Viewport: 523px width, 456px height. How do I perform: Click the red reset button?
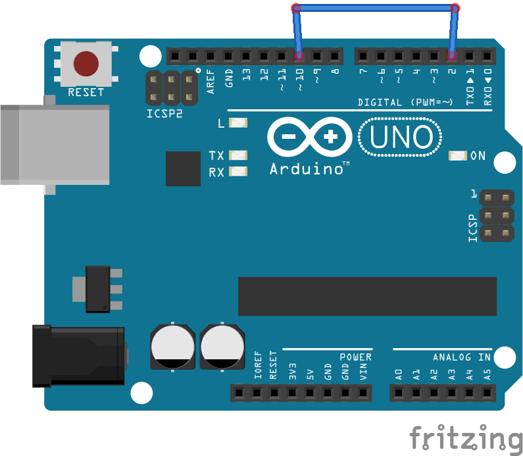click(x=86, y=63)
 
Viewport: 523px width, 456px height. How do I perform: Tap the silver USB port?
click(x=55, y=145)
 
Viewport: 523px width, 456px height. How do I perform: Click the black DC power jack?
click(x=79, y=356)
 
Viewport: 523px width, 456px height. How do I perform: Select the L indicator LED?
click(x=238, y=123)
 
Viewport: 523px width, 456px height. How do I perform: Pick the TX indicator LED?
click(x=238, y=155)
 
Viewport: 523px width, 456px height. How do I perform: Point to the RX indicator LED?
click(x=238, y=171)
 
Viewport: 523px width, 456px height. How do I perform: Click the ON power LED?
click(x=458, y=155)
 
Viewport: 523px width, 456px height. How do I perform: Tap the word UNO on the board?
click(x=401, y=137)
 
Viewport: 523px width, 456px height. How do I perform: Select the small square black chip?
click(x=183, y=168)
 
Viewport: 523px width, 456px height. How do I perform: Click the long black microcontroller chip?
click(x=367, y=296)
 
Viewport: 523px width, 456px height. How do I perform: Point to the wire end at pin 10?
click(x=299, y=56)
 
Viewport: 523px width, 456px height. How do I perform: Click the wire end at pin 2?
click(x=451, y=56)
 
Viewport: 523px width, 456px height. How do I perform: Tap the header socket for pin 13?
click(x=246, y=56)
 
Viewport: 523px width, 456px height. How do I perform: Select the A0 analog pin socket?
click(x=398, y=393)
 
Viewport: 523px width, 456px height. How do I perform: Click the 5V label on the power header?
click(x=311, y=374)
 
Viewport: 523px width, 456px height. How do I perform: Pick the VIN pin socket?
click(x=363, y=393)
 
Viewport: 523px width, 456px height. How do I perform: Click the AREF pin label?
click(x=210, y=82)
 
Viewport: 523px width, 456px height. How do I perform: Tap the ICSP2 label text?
click(x=164, y=114)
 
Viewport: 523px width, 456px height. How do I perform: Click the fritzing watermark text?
click(x=466, y=438)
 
